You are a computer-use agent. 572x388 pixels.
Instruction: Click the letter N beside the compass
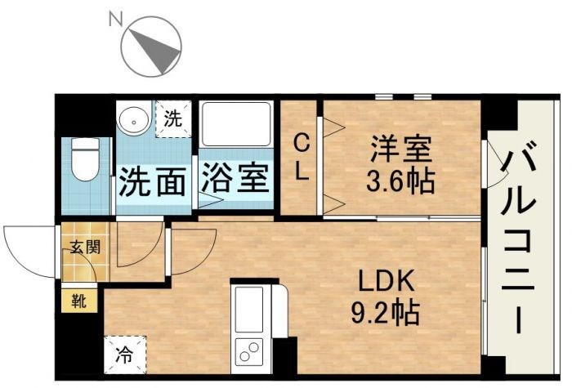tap(114, 17)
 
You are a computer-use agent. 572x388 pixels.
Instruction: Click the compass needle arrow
tap(161, 51)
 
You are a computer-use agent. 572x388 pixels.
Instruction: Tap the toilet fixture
tap(84, 158)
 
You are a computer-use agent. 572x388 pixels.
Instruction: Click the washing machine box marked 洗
tap(172, 118)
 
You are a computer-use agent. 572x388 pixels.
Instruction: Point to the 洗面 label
tap(152, 181)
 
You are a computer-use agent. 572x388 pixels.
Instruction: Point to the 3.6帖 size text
tap(400, 180)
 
